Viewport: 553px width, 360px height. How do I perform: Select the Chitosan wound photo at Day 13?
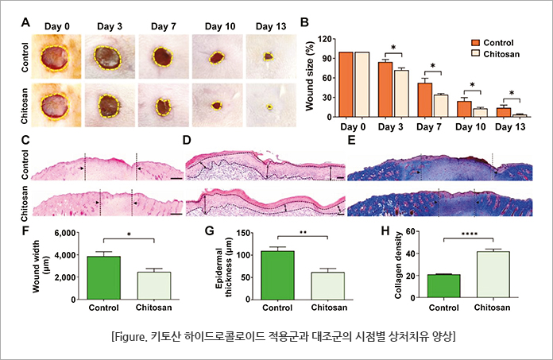(x=269, y=106)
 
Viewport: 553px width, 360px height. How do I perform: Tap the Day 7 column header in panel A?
(x=162, y=25)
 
